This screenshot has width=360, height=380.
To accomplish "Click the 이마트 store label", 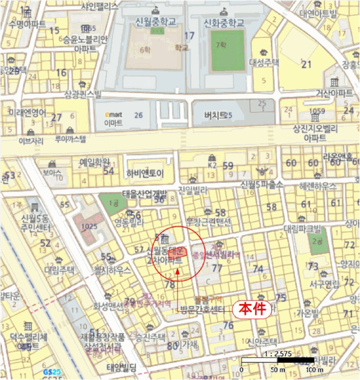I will click(x=113, y=123).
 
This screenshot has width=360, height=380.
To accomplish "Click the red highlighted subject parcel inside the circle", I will click(x=178, y=252).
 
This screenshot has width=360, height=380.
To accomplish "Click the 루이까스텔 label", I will click(x=71, y=139).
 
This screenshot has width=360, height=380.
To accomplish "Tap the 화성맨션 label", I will click(x=108, y=305).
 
